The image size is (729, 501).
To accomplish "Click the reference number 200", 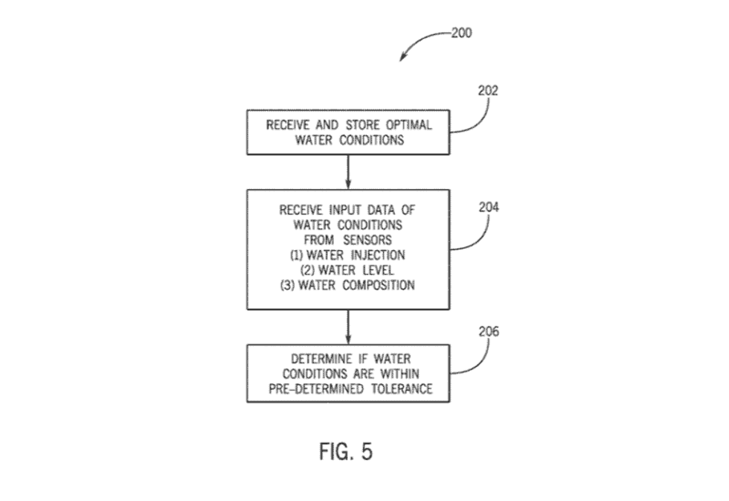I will click(461, 33).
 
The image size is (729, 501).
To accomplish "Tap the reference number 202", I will click(488, 91).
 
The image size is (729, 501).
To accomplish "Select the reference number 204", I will click(489, 208).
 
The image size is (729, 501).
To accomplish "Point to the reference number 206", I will click(489, 332).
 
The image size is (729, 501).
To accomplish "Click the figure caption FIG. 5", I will click(346, 451).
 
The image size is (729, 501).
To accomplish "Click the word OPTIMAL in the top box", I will click(408, 125).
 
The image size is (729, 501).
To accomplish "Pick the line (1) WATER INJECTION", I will click(347, 255).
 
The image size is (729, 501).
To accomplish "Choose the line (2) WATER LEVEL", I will click(347, 269).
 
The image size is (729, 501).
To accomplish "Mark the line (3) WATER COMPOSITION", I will click(347, 285).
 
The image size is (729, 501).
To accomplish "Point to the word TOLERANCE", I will click(402, 389).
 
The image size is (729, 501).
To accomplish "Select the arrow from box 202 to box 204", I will click(348, 172).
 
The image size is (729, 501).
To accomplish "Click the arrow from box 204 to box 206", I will click(348, 327).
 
